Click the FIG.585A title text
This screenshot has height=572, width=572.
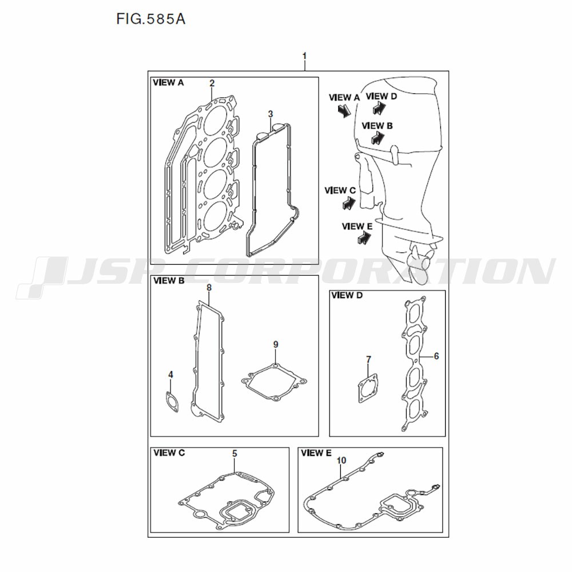150,19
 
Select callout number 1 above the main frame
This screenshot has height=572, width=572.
305,56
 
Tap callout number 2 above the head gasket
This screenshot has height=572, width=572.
212,83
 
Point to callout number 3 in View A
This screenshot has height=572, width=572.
271,114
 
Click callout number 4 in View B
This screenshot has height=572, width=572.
170,375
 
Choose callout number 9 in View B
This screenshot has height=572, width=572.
276,344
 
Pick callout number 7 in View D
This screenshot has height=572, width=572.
368,360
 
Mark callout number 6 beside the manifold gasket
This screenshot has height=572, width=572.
436,356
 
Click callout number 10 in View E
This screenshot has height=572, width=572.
341,460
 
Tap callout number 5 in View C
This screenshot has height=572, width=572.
235,454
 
